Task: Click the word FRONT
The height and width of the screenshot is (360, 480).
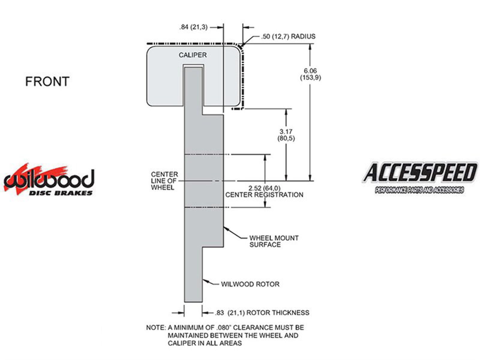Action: [x=47, y=81]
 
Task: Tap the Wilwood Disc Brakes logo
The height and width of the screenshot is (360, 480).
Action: [x=49, y=180]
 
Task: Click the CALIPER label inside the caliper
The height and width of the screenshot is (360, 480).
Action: [x=193, y=55]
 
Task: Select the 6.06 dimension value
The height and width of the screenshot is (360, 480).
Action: [x=310, y=71]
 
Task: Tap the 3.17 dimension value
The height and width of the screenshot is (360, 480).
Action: [x=286, y=131]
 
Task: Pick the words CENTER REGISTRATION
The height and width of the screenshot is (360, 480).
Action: [x=264, y=195]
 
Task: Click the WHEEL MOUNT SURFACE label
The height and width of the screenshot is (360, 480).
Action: [x=274, y=241]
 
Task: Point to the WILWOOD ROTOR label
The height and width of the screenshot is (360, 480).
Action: [x=250, y=284]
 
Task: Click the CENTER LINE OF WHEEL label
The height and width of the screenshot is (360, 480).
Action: [x=164, y=181]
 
